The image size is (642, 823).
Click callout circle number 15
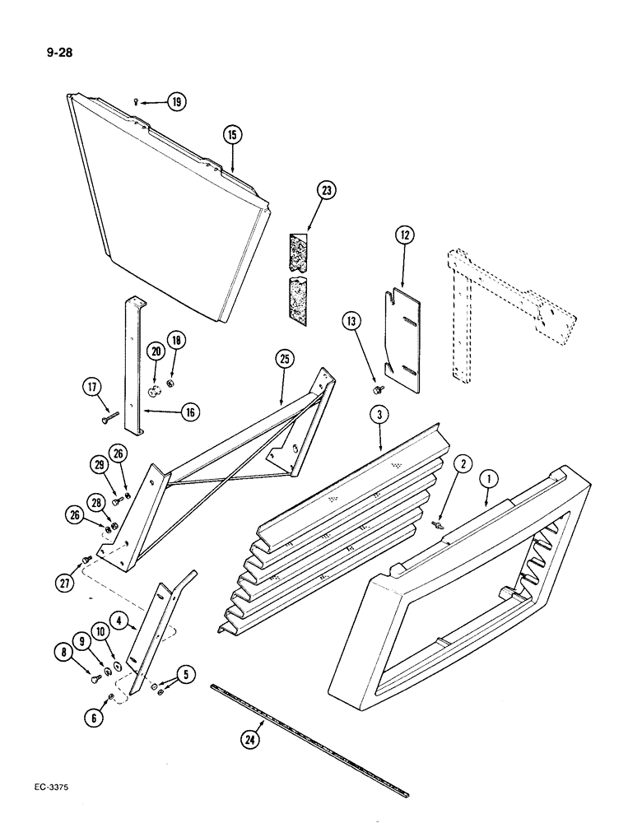[232, 134]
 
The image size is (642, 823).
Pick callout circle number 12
[403, 235]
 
